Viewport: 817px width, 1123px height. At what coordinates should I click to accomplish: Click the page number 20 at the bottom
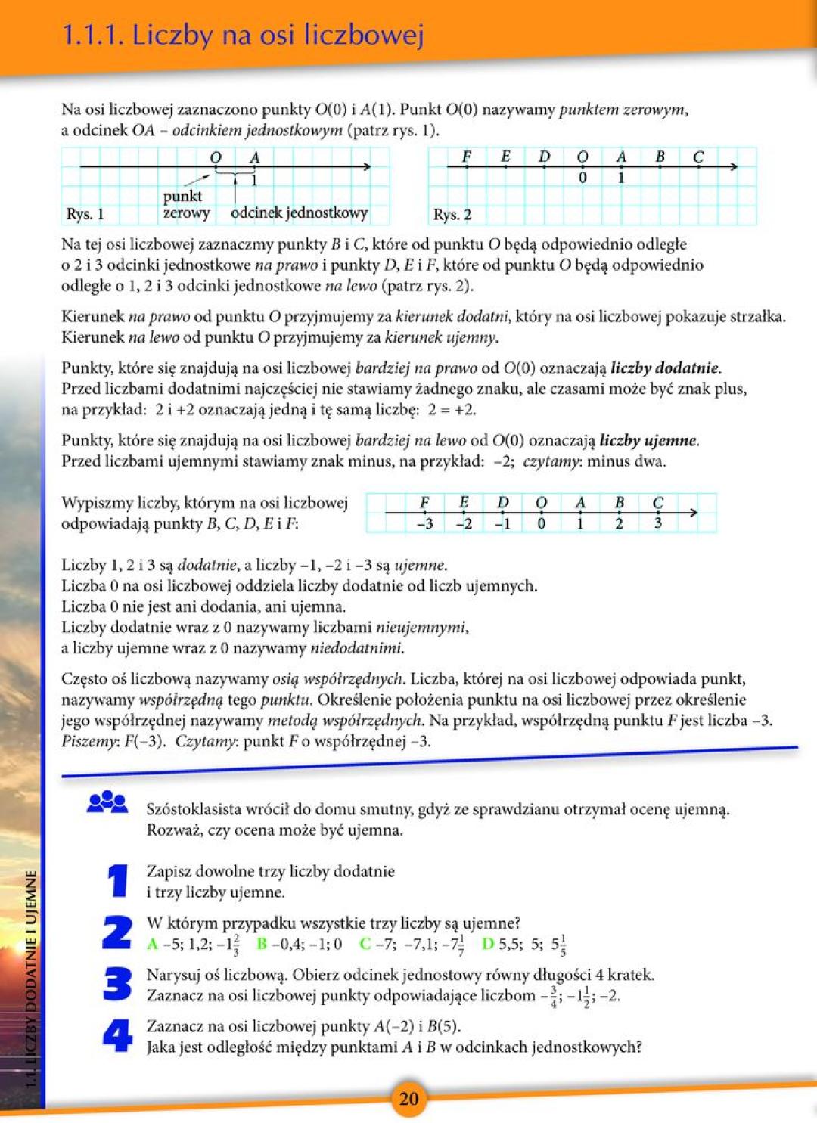408,1098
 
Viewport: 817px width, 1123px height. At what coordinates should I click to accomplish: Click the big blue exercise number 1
117,881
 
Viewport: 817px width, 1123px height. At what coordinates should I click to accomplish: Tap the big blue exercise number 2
117,932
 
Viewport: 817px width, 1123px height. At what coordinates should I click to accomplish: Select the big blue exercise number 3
117,984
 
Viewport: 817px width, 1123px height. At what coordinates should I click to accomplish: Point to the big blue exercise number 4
117,1035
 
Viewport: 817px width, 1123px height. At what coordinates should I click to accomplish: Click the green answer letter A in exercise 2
152,944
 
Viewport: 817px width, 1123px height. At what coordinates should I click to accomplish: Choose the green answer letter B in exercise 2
262,944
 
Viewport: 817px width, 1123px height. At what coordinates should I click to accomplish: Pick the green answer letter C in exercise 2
365,944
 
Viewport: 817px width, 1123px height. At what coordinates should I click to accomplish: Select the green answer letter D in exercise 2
488,944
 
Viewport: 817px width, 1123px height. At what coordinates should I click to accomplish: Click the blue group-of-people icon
107,802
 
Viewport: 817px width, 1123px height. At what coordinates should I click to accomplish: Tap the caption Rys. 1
85,214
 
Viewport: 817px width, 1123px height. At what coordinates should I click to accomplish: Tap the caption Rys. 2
452,215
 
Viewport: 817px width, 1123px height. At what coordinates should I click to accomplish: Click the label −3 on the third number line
424,523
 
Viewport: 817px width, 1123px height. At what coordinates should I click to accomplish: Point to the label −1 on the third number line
502,523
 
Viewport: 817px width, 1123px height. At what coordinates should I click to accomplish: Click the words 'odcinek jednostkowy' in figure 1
299,213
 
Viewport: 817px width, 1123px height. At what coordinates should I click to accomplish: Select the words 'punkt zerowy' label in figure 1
186,204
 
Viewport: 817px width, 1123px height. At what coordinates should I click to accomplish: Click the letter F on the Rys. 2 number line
467,157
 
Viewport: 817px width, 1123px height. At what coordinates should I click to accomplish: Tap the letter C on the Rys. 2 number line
698,157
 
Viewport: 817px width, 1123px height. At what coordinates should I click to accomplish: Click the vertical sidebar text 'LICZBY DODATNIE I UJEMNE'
31,976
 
